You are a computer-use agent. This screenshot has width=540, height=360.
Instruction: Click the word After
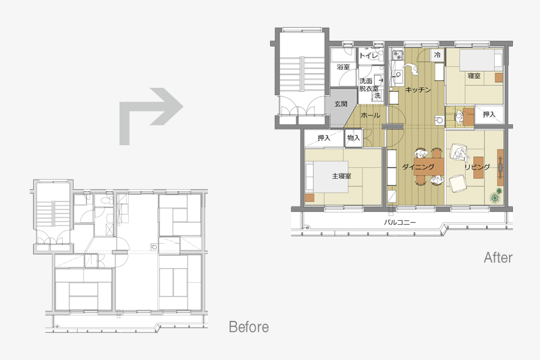(x=498, y=257)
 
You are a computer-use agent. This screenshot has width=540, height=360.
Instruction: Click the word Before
(x=248, y=327)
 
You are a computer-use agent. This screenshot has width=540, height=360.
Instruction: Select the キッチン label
(x=418, y=90)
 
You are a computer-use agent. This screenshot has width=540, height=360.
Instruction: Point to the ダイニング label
(x=418, y=167)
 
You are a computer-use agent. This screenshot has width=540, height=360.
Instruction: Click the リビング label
(x=477, y=167)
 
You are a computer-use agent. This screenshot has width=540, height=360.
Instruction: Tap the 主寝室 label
(x=342, y=176)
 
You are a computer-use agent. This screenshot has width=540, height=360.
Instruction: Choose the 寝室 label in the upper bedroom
(x=474, y=76)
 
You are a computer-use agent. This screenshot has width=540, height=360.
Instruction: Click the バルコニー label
(x=400, y=222)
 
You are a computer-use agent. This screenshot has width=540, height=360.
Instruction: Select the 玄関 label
(x=341, y=104)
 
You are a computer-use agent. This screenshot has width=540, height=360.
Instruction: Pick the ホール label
(x=370, y=115)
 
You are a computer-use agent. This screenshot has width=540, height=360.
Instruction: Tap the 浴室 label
(x=344, y=66)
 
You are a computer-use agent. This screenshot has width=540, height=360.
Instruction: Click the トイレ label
(x=369, y=55)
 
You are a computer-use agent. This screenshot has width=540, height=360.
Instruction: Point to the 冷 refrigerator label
(x=437, y=55)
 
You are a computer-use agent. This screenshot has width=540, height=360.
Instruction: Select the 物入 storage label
(x=353, y=138)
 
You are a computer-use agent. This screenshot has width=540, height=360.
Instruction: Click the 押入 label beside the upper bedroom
(x=489, y=114)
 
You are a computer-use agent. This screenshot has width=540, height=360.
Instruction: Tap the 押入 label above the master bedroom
(x=324, y=138)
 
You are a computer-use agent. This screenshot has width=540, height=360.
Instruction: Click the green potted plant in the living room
(x=496, y=196)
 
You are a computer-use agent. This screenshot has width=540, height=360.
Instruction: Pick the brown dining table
(x=429, y=167)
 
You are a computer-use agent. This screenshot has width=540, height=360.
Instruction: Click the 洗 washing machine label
(x=377, y=95)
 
